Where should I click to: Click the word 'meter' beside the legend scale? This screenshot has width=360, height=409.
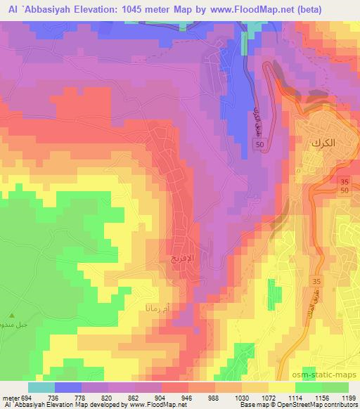coord(8,397)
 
